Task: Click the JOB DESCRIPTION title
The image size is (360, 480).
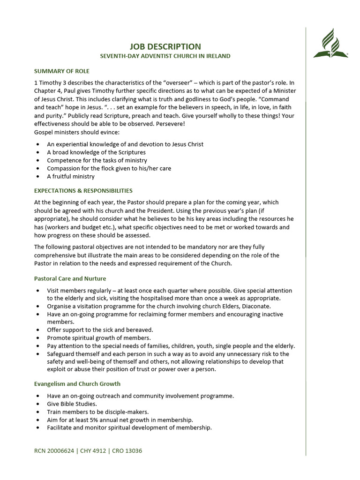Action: (x=165, y=46)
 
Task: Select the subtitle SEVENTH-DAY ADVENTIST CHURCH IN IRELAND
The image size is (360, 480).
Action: (x=165, y=56)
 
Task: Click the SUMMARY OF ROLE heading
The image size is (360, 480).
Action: (x=61, y=71)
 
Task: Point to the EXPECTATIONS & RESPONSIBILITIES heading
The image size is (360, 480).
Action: (x=83, y=191)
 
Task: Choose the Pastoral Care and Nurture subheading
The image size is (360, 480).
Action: (x=70, y=278)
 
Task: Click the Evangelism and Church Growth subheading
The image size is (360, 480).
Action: (x=77, y=384)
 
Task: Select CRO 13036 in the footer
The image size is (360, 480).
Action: (x=127, y=451)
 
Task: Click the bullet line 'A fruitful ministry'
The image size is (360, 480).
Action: (x=70, y=177)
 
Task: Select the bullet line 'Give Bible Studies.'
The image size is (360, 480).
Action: (x=72, y=404)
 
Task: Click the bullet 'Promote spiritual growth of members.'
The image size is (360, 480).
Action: (x=98, y=338)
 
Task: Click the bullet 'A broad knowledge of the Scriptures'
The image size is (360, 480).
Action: (x=96, y=152)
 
